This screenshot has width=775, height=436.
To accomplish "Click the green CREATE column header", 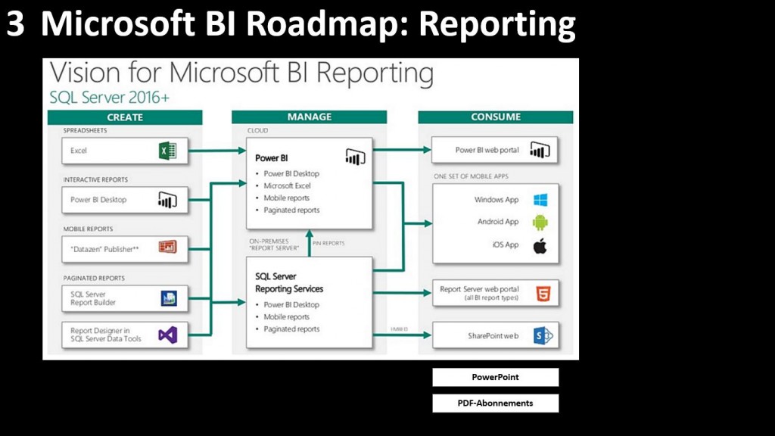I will tap(125, 117).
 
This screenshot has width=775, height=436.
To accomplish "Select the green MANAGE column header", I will tap(309, 117).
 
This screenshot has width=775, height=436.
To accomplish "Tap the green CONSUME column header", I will tap(496, 117).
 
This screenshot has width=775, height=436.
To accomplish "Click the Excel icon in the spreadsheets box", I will tap(167, 151).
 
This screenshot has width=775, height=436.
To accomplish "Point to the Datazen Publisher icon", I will tap(167, 247).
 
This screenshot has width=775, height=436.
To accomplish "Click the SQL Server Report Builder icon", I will tap(168, 298).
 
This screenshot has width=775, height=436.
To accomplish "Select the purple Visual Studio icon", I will tap(167, 334).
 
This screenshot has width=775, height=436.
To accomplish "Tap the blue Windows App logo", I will tap(540, 200).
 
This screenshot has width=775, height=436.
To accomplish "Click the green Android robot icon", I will tap(540, 223).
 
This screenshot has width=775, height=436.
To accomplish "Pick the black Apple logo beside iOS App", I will tap(540, 245).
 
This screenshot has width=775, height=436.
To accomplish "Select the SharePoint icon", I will tap(541, 335).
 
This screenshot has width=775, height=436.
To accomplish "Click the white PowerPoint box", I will tap(496, 377).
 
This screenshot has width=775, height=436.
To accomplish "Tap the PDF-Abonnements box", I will tap(496, 403).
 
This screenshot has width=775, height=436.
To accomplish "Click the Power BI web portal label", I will tap(487, 150).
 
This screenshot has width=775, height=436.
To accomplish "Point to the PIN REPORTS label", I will tap(328, 243).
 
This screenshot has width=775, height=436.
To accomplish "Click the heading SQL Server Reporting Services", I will tap(289, 283).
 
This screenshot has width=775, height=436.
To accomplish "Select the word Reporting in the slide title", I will tap(497, 24).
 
